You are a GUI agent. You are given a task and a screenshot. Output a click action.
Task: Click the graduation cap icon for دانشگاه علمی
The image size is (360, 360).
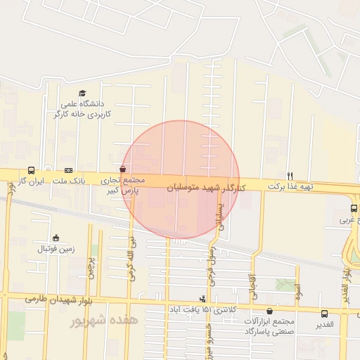coord(82,94)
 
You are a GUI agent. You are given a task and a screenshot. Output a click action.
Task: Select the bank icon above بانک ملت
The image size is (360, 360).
coord(68,170)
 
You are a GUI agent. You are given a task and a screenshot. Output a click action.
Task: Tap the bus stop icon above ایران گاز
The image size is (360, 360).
coord(31,170)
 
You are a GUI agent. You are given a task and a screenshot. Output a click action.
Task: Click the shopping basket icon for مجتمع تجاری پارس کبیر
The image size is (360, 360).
coord(123,169)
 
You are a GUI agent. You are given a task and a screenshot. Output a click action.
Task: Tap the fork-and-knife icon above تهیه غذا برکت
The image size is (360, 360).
coord(290,175)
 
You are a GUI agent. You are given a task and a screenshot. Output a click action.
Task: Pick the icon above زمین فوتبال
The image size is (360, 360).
coord(56,237)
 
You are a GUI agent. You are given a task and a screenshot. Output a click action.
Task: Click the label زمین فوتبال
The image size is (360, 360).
coord(56,249)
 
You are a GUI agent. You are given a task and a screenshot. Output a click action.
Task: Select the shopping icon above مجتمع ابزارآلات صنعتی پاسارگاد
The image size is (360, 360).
coord(271,311)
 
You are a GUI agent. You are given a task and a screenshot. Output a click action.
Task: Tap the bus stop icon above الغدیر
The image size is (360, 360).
coord(324,314)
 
